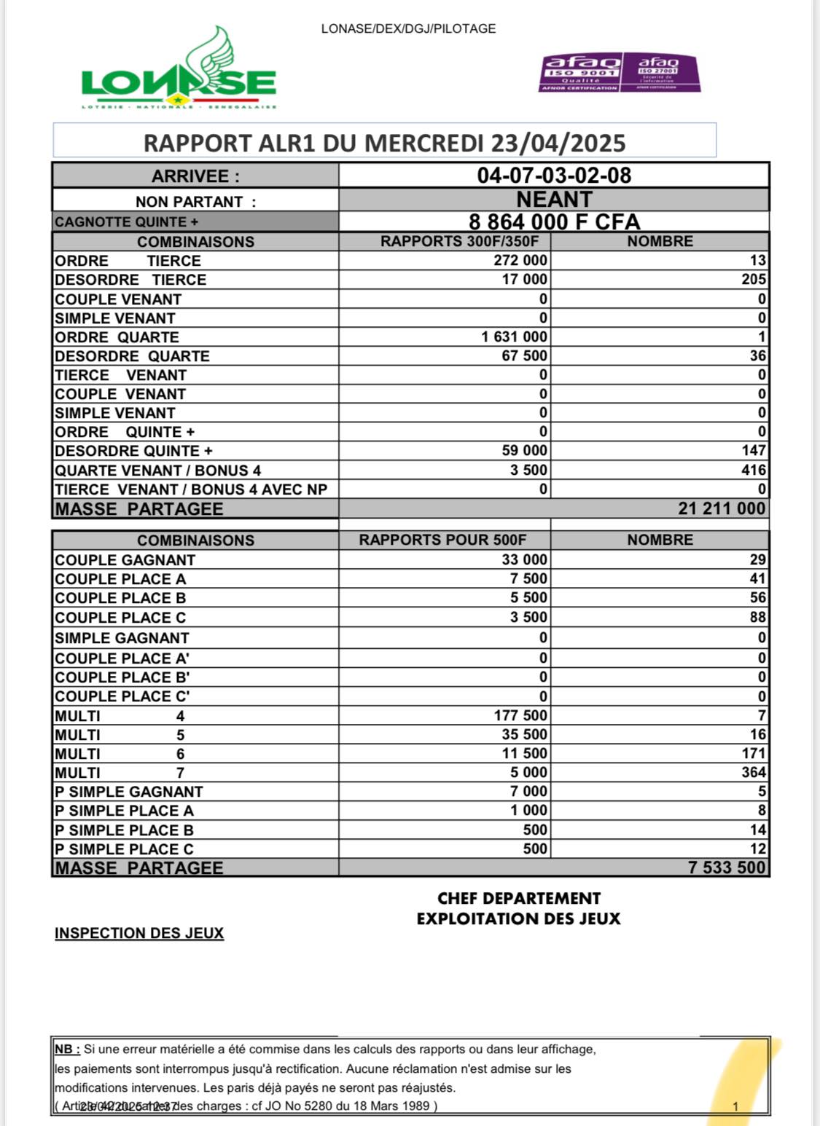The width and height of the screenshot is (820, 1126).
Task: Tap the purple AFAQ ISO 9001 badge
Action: point(580,73)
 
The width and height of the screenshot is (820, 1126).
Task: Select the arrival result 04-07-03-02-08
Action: point(554,176)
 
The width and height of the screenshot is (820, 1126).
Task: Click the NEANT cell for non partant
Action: point(554,200)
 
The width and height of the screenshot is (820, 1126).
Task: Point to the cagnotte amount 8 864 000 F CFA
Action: point(554,221)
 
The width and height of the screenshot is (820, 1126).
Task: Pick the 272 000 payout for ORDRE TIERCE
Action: point(520,261)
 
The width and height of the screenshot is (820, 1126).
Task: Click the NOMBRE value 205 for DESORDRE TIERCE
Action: point(754,280)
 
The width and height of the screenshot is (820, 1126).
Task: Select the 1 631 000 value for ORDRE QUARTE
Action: point(514,336)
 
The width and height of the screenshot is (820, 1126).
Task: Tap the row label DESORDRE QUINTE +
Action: point(133,451)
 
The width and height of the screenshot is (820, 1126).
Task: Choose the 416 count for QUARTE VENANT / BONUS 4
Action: point(754,471)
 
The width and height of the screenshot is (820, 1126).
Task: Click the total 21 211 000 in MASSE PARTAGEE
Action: point(722,508)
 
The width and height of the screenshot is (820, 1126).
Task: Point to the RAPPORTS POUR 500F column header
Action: point(442,540)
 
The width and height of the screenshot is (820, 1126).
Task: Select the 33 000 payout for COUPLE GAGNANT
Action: point(524,559)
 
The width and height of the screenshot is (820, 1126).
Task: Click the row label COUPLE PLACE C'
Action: point(122,696)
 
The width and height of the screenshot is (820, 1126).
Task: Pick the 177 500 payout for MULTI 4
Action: point(520,715)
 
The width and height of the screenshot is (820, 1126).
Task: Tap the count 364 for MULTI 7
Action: point(754,772)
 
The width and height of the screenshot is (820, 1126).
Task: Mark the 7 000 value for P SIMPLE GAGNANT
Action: point(528,791)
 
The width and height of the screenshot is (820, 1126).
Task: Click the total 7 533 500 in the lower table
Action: point(727,867)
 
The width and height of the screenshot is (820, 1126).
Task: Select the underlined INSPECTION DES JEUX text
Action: point(139,933)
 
